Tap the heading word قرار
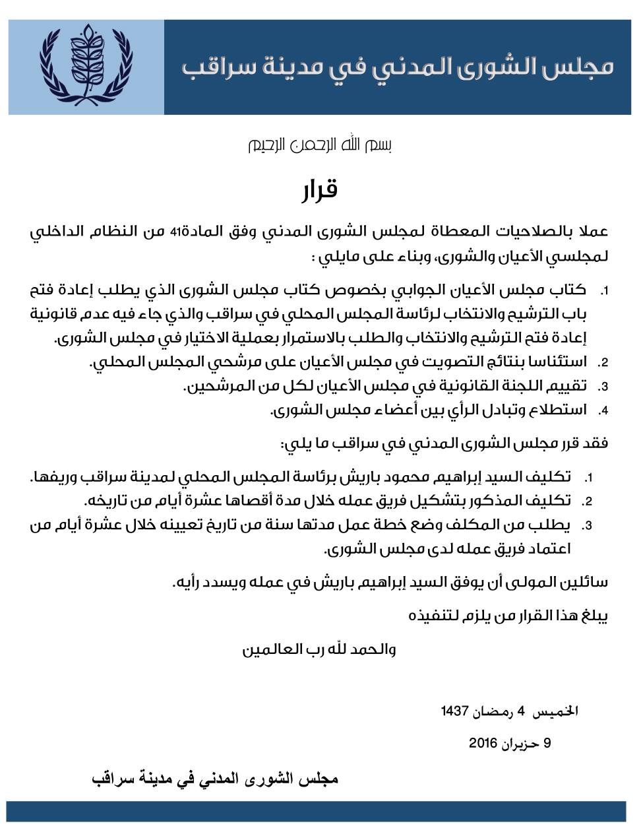[320, 191]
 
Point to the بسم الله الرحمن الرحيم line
[319, 146]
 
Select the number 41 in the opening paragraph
[176, 232]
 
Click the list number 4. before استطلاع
[603, 411]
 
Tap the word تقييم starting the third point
[568, 386]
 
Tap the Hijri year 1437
[454, 711]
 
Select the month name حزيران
[521, 743]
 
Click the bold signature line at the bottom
[215, 779]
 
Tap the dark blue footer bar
[317, 811]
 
